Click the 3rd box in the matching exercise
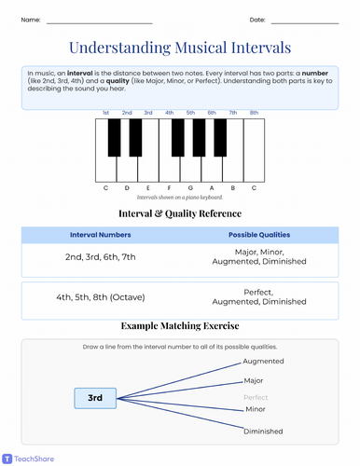95,398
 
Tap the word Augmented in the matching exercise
264,360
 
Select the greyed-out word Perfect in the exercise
256,397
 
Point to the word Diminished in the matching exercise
263,432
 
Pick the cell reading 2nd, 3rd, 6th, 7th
101,256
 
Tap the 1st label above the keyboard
106,113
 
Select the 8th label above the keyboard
254,113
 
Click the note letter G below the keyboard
190,187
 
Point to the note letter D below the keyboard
127,187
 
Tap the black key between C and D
116,137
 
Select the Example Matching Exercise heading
180,326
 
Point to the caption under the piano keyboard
180,198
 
